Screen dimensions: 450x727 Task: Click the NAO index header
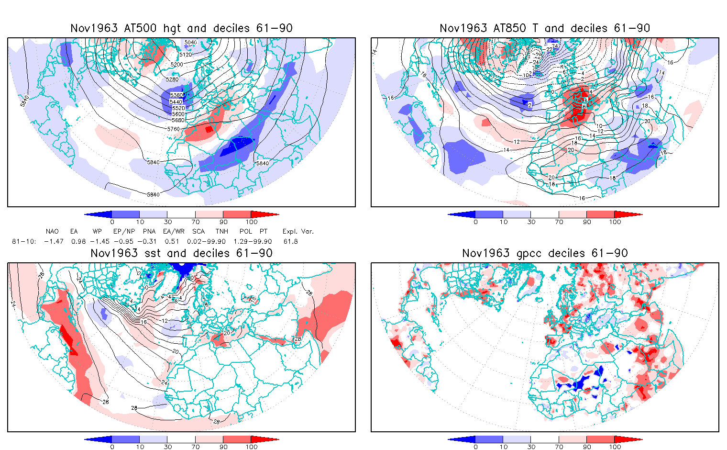coord(52,232)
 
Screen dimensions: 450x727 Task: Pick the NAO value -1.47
coord(54,241)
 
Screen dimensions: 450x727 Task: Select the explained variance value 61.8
coord(290,241)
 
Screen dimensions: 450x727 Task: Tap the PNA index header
coord(149,232)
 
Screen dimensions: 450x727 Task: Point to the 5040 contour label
coord(190,43)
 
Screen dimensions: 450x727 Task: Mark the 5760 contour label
coord(173,129)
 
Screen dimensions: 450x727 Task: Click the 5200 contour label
coord(177,64)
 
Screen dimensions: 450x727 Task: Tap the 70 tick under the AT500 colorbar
coord(195,222)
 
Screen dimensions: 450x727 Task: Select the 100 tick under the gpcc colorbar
coord(615,447)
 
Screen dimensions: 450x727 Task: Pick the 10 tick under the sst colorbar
coord(140,447)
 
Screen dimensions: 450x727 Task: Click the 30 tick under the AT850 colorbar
coord(531,222)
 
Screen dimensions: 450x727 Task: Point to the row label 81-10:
coord(23,241)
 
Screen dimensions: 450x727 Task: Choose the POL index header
coord(246,232)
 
